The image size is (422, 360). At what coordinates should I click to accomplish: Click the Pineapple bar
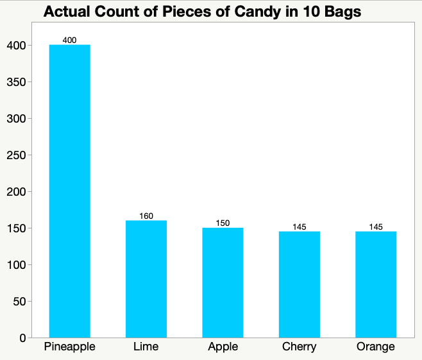69,191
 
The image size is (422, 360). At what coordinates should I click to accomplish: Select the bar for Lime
146,279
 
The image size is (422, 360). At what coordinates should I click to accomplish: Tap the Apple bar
223,282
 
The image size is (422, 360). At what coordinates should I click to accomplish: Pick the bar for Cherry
300,284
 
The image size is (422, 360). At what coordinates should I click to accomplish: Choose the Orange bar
376,284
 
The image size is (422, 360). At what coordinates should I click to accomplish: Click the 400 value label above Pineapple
69,40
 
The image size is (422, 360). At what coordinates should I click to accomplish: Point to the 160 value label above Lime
146,216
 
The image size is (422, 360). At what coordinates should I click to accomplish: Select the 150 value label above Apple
223,223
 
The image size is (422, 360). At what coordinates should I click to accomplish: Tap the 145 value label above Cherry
300,227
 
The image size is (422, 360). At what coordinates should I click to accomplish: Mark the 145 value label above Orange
376,227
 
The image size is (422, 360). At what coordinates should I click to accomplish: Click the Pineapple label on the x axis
69,347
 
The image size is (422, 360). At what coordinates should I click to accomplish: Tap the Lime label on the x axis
146,347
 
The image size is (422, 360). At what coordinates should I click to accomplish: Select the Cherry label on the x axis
300,347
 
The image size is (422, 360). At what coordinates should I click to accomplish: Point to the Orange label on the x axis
376,347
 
